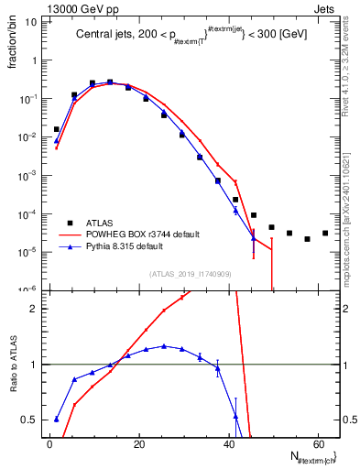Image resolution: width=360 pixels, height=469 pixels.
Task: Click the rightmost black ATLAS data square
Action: click(x=325, y=233)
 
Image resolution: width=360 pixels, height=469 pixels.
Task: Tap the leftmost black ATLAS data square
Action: click(x=56, y=129)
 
